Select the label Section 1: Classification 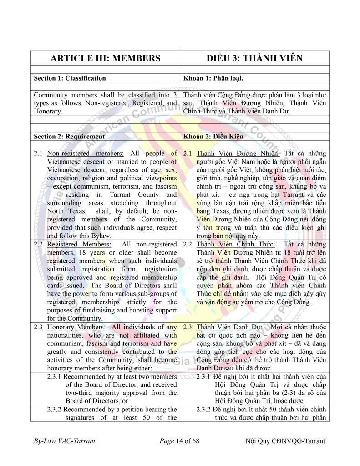70,78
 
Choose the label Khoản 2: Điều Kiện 213,136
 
